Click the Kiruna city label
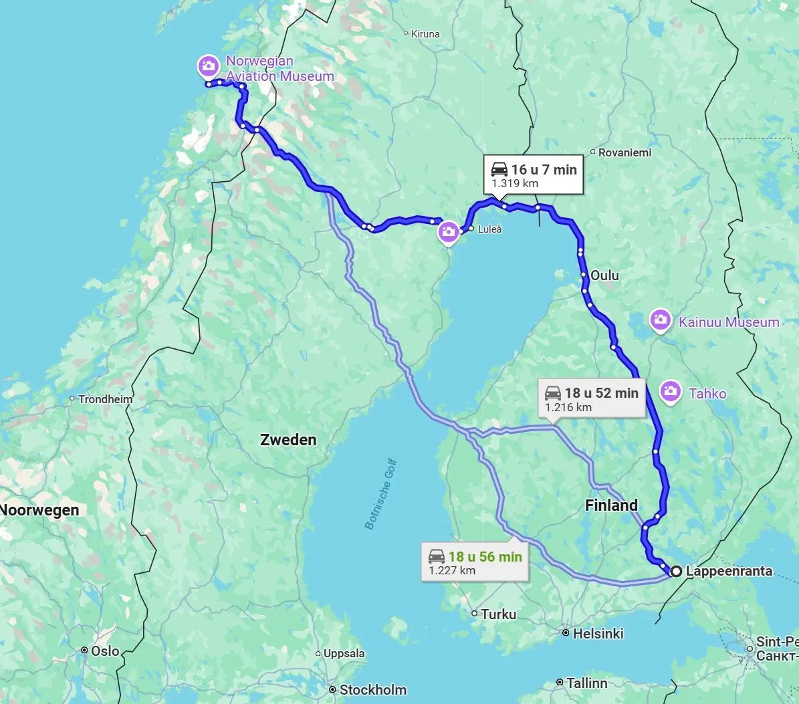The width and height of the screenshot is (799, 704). tap(425, 33)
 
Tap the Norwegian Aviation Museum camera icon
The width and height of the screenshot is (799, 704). tap(208, 66)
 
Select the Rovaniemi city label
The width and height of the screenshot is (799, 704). tap(624, 152)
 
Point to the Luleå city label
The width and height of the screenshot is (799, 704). tap(489, 229)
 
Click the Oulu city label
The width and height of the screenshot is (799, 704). tap(604, 275)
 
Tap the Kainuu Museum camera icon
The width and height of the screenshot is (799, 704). tap(661, 321)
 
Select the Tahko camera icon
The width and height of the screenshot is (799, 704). tap(670, 392)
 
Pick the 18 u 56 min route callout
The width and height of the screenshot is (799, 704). tap(475, 562)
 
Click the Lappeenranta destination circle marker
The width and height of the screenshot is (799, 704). tap(676, 571)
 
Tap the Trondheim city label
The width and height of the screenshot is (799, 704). tap(105, 399)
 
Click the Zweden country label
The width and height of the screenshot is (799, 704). tap(288, 439)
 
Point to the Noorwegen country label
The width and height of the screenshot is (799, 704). tap(39, 510)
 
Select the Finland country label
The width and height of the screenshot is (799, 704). tap(611, 505)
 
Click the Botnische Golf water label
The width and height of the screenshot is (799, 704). tap(381, 494)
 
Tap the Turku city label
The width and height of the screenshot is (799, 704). tap(498, 614)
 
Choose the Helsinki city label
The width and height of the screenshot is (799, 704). tap(598, 633)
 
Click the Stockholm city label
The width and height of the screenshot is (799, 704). tap(372, 689)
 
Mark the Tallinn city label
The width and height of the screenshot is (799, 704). tap(586, 683)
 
